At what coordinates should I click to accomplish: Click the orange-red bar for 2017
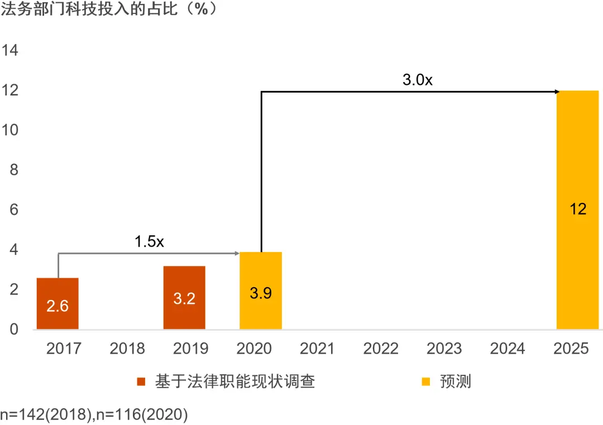pos(58,303)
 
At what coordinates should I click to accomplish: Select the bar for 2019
pos(184,297)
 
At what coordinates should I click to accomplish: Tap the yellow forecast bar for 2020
pos(261,291)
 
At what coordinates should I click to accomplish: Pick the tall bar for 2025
pos(578,210)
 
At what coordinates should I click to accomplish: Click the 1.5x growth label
pos(149,242)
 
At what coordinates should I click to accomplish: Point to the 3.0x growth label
pos(418,80)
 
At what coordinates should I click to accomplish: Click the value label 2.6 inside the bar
pos(58,306)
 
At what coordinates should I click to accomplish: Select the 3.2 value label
pos(184,298)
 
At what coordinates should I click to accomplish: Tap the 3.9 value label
pos(261,293)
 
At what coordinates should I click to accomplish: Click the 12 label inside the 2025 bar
pos(578,209)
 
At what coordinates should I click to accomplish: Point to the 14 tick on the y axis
pos(10,50)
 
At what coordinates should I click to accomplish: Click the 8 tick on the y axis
pos(14,170)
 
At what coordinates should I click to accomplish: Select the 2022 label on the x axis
pos(381,349)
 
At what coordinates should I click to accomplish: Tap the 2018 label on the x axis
pos(127,349)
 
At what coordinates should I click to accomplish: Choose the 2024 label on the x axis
pos(508,349)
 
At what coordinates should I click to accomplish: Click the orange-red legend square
pos(141,381)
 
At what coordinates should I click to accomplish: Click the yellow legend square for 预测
pos(425,381)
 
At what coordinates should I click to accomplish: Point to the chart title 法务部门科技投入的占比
pos(89,9)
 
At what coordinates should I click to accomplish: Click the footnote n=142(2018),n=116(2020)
pos(94,414)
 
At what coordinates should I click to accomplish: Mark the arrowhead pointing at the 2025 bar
pos(558,92)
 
